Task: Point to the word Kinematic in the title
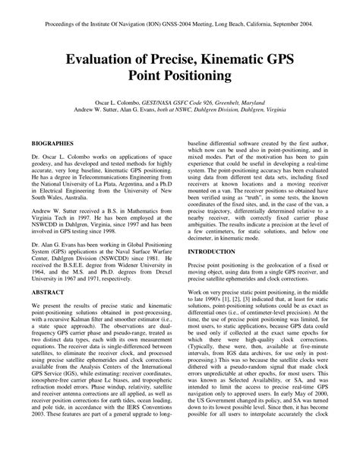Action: point(244,56)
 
